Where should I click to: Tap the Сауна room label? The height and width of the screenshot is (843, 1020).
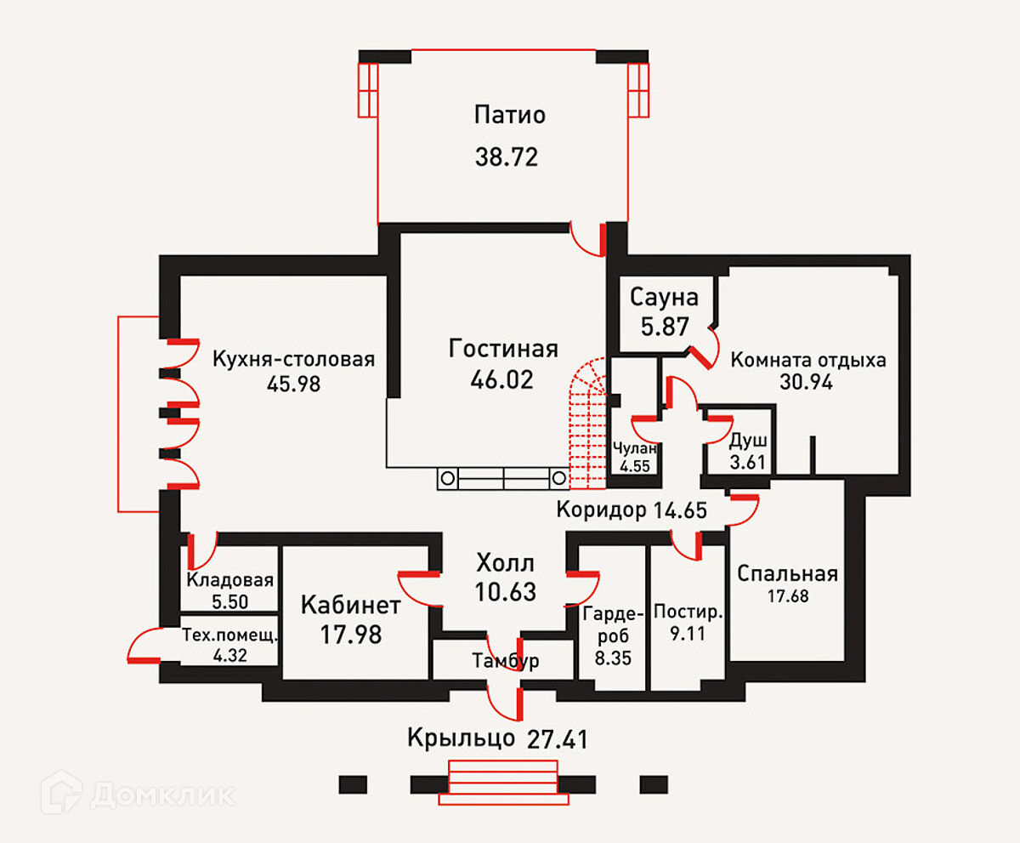665,297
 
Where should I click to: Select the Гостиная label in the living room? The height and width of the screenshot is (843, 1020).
503,349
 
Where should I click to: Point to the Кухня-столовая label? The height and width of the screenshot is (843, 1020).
294,358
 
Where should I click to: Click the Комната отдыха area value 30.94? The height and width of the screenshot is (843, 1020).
806,382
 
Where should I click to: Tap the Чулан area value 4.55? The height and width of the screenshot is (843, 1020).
634,466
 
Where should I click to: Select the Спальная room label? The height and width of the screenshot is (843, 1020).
788,573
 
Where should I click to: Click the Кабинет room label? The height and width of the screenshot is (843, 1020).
351,606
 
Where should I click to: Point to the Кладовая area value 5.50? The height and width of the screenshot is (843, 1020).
229,601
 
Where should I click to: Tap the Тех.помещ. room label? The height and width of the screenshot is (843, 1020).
230,635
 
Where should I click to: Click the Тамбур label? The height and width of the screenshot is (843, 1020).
506,661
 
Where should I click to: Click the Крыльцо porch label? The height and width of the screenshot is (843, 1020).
461,737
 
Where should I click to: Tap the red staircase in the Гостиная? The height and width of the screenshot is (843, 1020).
589,425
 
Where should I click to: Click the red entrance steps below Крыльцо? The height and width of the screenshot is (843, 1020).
503,784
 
